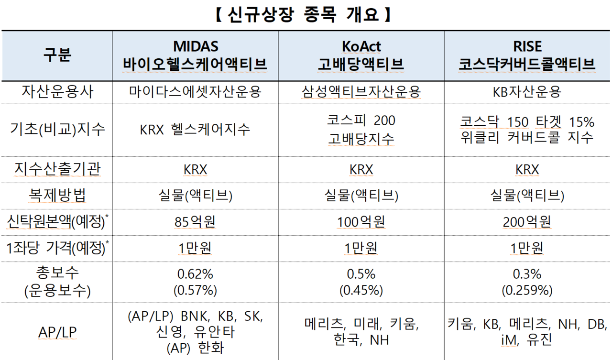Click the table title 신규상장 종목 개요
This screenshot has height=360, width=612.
[304, 14]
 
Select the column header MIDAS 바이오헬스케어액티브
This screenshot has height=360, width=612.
[195, 55]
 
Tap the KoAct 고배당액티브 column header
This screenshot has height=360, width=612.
[361, 55]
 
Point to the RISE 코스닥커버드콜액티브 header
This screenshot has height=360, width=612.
[527, 55]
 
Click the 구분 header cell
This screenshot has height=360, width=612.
[57, 55]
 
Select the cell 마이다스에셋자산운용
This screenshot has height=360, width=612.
[195, 92]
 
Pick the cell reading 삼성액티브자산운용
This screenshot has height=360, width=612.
[361, 92]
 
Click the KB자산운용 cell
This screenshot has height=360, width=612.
[527, 92]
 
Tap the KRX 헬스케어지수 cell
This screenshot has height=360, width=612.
[195, 130]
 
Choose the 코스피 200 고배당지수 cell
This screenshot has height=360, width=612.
[361, 130]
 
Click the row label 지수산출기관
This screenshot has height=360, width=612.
[57, 169]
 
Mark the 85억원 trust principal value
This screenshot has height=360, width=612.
[195, 222]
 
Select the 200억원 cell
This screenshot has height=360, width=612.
[527, 222]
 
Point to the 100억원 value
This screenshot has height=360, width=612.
[361, 222]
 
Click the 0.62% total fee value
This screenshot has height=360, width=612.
[195, 274]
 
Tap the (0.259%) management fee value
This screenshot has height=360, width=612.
[527, 290]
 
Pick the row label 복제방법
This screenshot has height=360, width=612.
[57, 195]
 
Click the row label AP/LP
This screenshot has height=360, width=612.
[57, 332]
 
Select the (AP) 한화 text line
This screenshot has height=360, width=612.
[195, 348]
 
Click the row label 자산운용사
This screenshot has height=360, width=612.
[57, 92]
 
